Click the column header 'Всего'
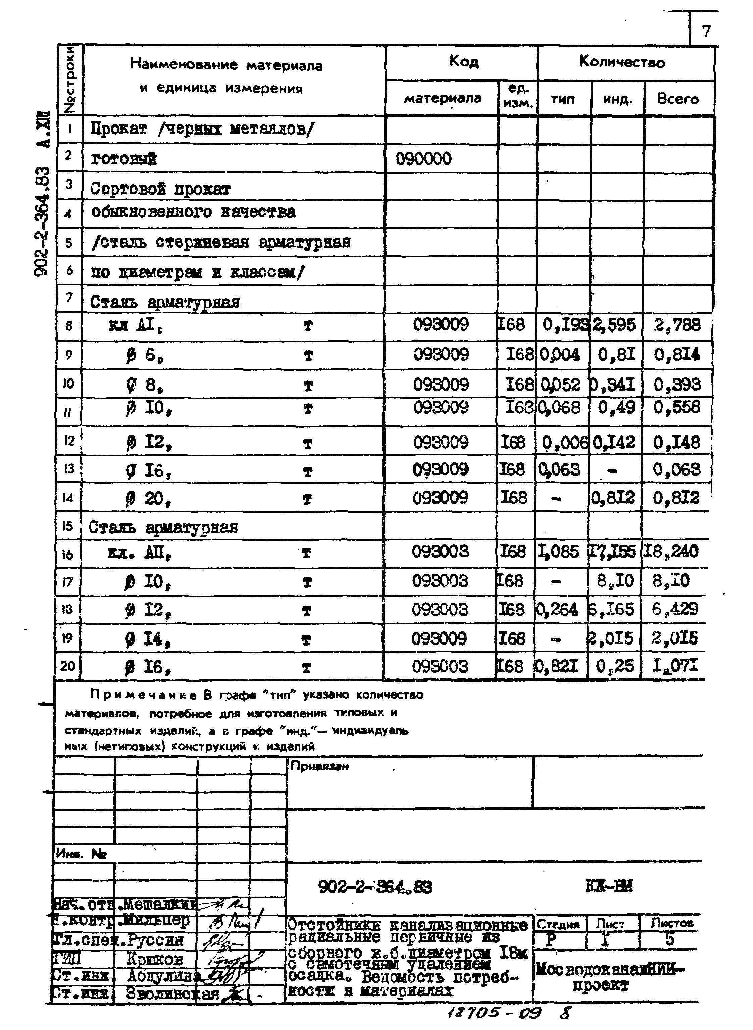point(677,99)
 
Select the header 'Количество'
point(622,62)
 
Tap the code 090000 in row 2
point(423,159)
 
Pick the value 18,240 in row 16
point(670,552)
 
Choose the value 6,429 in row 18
point(674,609)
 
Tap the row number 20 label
point(67,666)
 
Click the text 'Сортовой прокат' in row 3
point(160,189)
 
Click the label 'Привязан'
point(319,767)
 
